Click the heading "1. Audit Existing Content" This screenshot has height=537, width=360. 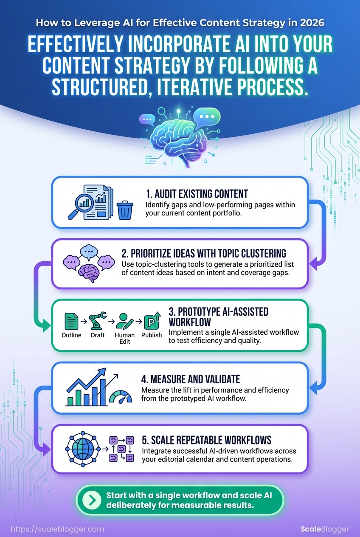point(197,194)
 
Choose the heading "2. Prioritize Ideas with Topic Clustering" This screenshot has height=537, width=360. point(204,254)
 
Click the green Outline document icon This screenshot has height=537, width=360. point(71,321)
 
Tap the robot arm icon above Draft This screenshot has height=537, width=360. point(97,321)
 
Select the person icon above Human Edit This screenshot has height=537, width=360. point(124,320)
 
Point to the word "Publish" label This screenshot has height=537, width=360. point(152,335)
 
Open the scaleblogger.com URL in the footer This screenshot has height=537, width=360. point(57,529)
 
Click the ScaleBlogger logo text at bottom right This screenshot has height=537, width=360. point(324,529)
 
